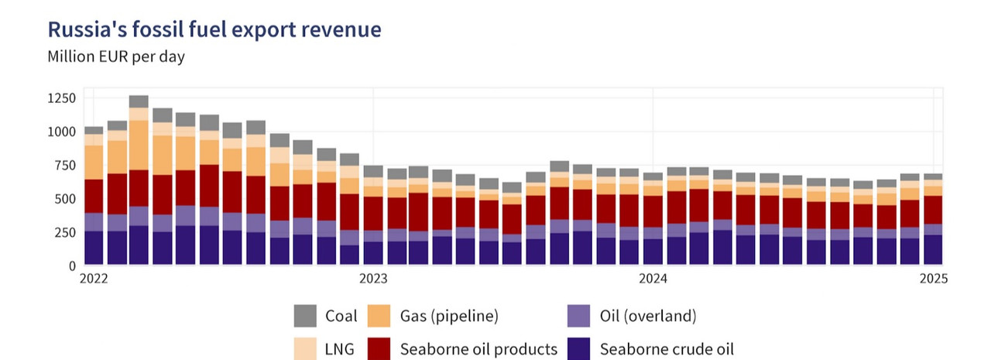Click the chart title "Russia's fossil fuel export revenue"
214,29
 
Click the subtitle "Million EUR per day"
116,57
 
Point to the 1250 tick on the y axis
61,98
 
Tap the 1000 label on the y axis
61,132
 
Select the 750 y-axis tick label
65,165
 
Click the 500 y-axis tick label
65,199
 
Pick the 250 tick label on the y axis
65,232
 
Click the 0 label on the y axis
72,266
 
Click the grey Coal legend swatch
305,316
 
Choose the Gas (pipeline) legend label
449,316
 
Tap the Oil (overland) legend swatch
579,316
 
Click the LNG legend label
340,349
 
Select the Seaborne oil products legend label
478,349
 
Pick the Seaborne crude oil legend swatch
579,349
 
